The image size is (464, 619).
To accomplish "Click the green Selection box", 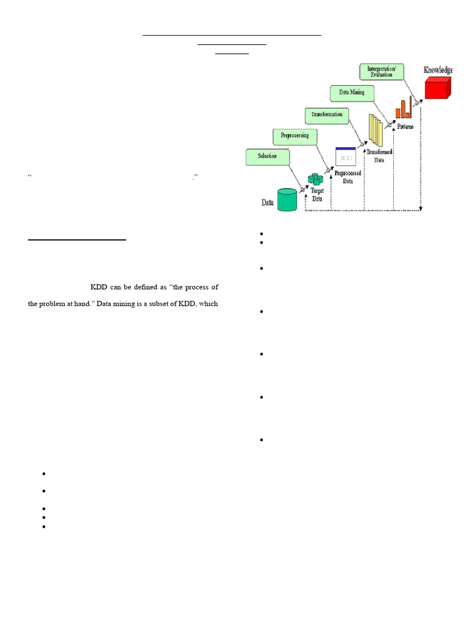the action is pyautogui.click(x=267, y=157).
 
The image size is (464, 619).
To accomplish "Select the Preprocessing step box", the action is pyautogui.click(x=295, y=136).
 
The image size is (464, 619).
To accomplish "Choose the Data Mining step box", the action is pyautogui.click(x=352, y=92).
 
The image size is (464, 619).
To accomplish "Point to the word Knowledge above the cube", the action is pyautogui.click(x=437, y=70).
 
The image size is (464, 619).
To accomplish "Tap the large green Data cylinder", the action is pyautogui.click(x=287, y=199).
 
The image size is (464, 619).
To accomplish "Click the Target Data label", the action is pyautogui.click(x=317, y=194).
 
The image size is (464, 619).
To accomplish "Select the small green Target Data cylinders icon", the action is pyautogui.click(x=315, y=180).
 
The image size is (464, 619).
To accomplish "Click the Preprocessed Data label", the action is pyautogui.click(x=347, y=177).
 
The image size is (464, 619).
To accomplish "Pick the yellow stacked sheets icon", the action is pyautogui.click(x=376, y=128).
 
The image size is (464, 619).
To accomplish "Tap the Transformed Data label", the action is pyautogui.click(x=379, y=156).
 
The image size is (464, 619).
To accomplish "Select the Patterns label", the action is pyautogui.click(x=405, y=126).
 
